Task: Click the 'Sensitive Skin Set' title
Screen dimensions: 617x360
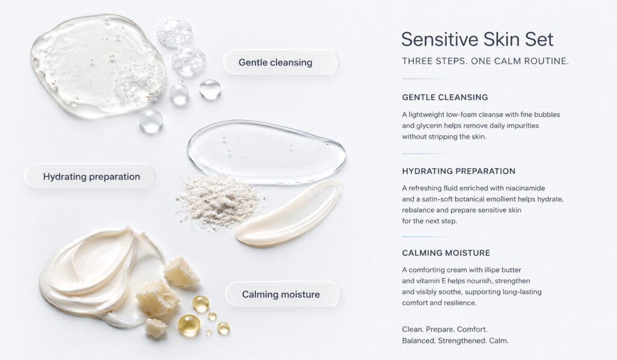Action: (477, 39)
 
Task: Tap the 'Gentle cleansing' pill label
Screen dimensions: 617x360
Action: (281, 62)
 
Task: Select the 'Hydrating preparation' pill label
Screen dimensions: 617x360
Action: (90, 177)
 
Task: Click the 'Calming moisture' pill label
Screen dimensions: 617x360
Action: (283, 294)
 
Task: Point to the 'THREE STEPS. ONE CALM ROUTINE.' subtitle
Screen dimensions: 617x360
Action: (485, 61)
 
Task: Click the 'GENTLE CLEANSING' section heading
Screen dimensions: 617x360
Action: (445, 97)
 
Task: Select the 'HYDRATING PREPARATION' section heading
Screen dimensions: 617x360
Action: (459, 171)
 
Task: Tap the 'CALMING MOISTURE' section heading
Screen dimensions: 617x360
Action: (446, 253)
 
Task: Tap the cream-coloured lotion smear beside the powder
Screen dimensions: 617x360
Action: (289, 213)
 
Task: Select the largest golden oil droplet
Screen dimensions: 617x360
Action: (189, 324)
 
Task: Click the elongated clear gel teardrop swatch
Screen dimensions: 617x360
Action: (266, 152)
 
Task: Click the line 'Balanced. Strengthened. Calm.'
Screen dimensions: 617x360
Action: (456, 341)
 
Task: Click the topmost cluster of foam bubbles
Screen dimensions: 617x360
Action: (174, 33)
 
